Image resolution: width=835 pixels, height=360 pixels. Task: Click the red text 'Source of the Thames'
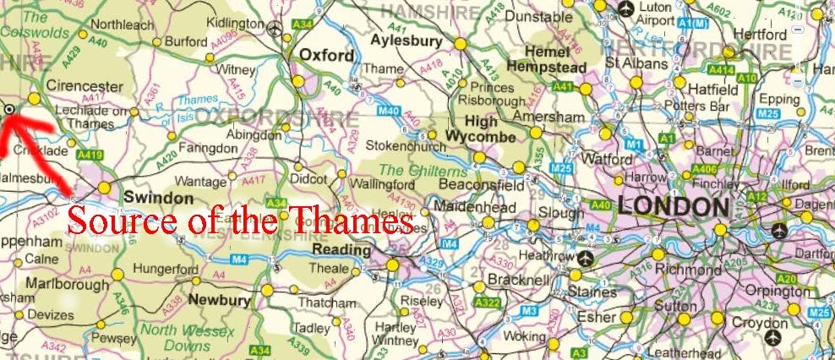[x=241, y=221]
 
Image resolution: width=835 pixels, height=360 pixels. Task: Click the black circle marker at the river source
[x=8, y=109]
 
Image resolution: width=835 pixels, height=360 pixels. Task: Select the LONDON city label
[x=674, y=205]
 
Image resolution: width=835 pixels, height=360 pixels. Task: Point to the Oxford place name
[x=327, y=56]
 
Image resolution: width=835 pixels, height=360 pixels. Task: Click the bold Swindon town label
[x=158, y=196]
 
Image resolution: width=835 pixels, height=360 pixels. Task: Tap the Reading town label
[x=341, y=250]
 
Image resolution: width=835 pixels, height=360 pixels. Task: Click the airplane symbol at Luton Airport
[x=625, y=8]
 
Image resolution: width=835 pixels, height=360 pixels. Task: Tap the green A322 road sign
[x=487, y=303]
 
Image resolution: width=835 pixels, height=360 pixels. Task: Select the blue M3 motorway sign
[x=529, y=312]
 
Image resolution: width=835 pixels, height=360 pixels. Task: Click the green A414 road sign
[x=721, y=70]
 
